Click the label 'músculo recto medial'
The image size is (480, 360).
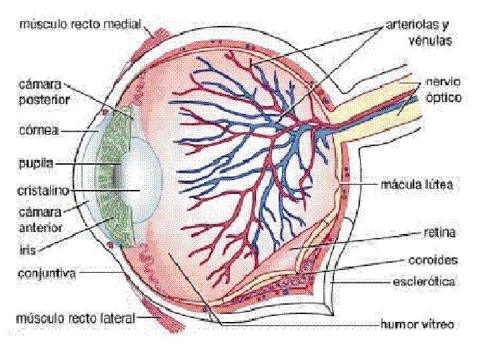point(80,25)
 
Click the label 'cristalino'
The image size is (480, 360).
point(43,190)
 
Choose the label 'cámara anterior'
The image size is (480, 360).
point(41,221)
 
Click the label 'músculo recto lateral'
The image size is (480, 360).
point(76,318)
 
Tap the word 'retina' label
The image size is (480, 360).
point(439,233)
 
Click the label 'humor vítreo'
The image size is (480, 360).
point(417,325)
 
